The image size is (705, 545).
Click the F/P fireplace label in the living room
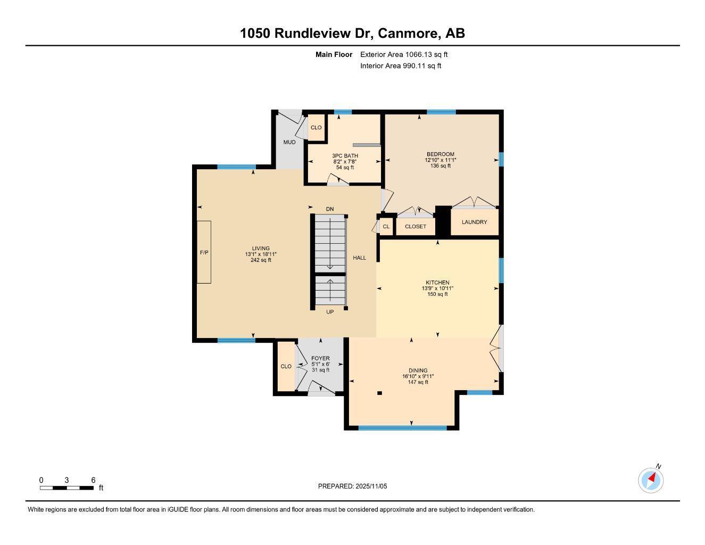(x=204, y=252)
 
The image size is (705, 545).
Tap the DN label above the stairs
(x=330, y=209)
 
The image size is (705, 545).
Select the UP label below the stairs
(x=330, y=312)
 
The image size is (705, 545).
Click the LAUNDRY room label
(x=474, y=222)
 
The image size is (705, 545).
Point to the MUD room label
(x=289, y=142)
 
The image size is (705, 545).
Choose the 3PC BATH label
(x=342, y=156)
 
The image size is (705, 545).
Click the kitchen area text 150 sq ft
(x=437, y=294)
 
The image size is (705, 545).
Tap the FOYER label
(x=320, y=358)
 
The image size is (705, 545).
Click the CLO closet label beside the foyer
(x=286, y=366)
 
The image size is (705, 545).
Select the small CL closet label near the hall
(x=386, y=227)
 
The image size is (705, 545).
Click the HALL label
(x=360, y=258)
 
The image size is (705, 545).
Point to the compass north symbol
(x=651, y=480)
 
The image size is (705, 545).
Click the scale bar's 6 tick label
(x=93, y=480)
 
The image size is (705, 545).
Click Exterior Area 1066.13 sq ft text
(x=404, y=54)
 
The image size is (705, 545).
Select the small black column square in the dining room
(x=379, y=393)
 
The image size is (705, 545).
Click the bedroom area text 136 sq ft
(x=440, y=166)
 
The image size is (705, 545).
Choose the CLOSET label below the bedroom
(x=415, y=227)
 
